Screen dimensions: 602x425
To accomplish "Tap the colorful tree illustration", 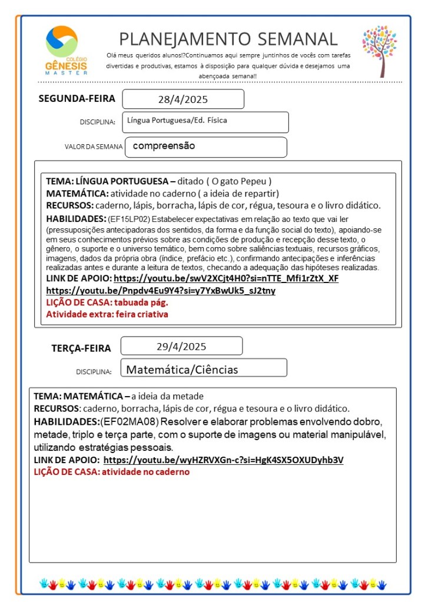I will [x=380, y=51].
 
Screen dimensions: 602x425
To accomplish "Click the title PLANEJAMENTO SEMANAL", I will [x=228, y=39].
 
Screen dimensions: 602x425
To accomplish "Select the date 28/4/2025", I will [x=183, y=99].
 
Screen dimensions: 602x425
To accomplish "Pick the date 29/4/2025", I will [x=181, y=346].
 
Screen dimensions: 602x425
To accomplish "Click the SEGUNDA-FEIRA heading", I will [x=77, y=98].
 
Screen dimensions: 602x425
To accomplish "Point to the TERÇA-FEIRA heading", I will [x=81, y=348].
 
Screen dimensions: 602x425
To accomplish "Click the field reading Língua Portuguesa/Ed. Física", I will [x=177, y=121].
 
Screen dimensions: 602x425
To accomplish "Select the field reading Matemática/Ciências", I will [x=182, y=370].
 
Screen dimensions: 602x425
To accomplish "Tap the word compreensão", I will [x=164, y=145].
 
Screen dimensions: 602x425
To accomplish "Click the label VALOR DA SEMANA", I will [x=94, y=147].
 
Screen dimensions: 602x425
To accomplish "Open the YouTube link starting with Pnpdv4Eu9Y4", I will [x=161, y=291].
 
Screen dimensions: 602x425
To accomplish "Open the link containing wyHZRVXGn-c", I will [x=223, y=460].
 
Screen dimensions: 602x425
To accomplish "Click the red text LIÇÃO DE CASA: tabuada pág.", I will [x=107, y=302].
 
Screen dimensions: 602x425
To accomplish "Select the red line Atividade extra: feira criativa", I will [x=107, y=314].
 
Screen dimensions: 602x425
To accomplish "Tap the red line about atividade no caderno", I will [x=111, y=472].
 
